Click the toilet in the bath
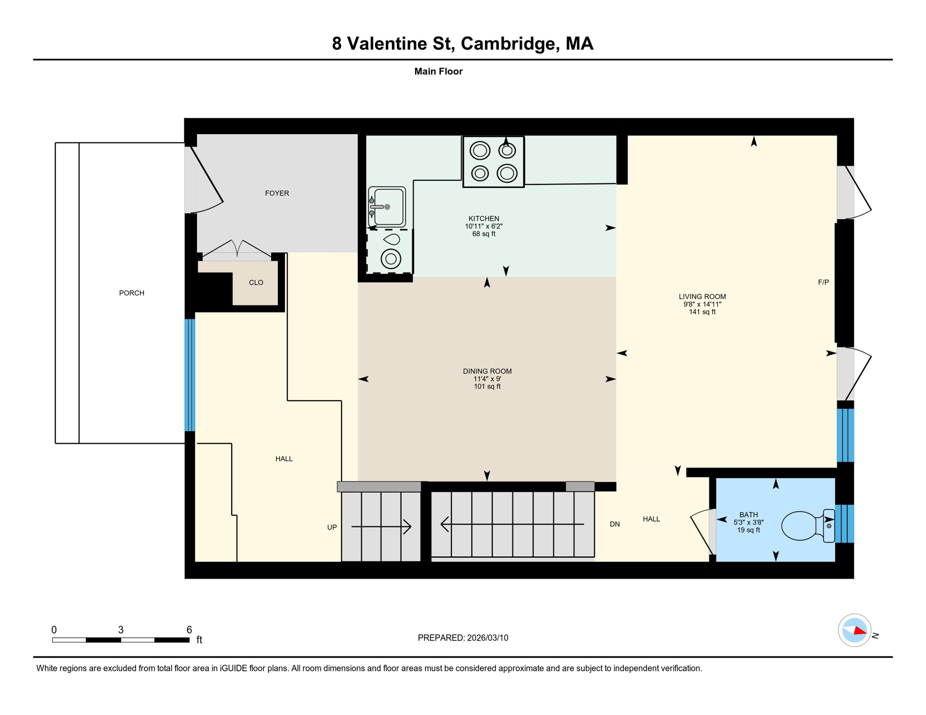(x=808, y=526)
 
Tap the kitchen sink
(x=387, y=207)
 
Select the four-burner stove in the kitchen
(x=493, y=162)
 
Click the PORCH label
(x=132, y=293)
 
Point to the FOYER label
(x=277, y=193)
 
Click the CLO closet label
(x=256, y=283)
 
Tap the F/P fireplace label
(x=824, y=282)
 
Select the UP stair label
(x=332, y=527)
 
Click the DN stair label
(x=615, y=524)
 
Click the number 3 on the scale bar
(x=121, y=630)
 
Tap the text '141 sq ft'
(x=702, y=312)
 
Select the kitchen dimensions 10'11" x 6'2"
(x=484, y=226)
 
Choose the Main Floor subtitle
(x=438, y=71)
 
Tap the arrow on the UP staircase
(x=381, y=526)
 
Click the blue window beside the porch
(x=190, y=375)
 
